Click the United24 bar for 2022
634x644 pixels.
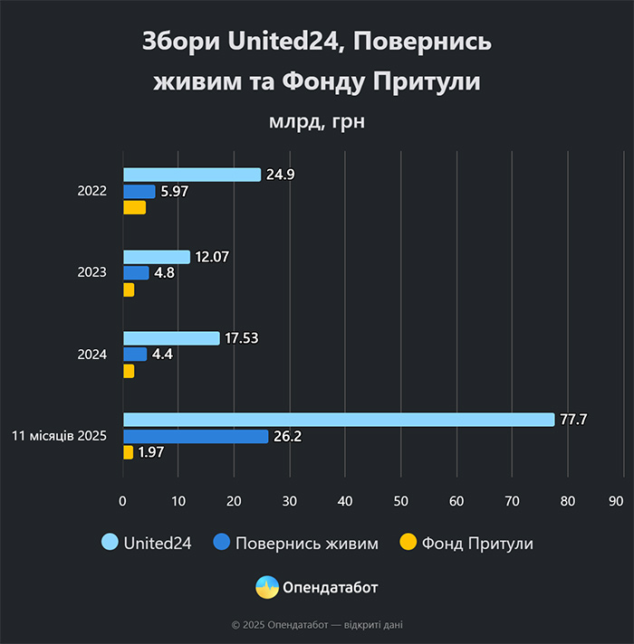click(x=191, y=175)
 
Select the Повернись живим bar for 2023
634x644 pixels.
click(x=136, y=273)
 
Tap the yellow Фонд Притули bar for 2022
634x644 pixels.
click(x=134, y=208)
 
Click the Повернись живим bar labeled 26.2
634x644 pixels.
click(x=196, y=436)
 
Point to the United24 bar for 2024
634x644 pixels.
click(x=171, y=338)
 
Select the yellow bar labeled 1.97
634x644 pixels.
click(x=128, y=452)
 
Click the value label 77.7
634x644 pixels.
click(x=574, y=420)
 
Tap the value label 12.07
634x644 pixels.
click(x=212, y=257)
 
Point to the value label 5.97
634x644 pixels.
click(x=174, y=192)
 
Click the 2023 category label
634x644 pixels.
click(x=92, y=273)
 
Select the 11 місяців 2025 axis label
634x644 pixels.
click(x=60, y=436)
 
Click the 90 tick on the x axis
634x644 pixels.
click(x=617, y=499)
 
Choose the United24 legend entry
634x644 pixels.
click(x=146, y=543)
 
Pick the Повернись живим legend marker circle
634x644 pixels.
click(x=222, y=543)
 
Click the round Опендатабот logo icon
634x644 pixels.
click(x=267, y=587)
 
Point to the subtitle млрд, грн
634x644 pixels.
click(x=317, y=121)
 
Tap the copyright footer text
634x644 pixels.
click(x=317, y=624)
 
